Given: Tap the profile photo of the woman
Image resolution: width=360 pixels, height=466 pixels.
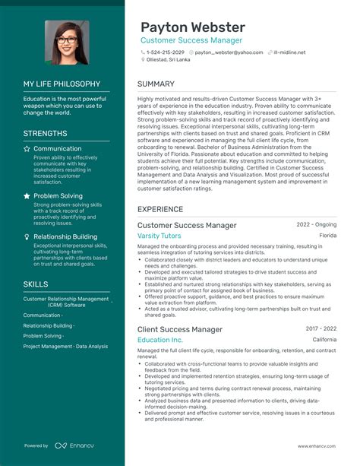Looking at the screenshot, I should click(x=67, y=42).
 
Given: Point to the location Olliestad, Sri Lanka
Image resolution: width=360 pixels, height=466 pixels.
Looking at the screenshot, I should click(x=169, y=59).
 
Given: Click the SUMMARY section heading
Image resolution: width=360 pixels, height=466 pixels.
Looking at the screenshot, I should click(x=157, y=84).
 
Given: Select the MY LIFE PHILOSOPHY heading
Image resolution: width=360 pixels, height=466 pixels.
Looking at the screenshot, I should click(x=62, y=84).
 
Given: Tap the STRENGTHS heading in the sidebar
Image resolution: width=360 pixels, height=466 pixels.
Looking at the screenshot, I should click(x=46, y=133).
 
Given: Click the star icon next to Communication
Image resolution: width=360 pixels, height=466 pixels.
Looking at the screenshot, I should click(x=27, y=149).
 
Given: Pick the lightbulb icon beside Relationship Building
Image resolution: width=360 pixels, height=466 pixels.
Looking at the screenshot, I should click(x=27, y=236).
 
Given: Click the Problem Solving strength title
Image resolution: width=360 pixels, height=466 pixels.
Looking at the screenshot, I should click(x=58, y=196).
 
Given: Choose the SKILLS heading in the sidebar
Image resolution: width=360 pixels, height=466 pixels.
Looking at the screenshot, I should click(x=36, y=284).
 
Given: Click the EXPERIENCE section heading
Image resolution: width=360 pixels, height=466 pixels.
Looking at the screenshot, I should click(x=160, y=209).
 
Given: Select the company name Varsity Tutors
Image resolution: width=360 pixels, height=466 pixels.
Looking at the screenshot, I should click(x=159, y=236).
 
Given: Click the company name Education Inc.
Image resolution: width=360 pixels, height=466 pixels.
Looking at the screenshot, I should click(x=160, y=340).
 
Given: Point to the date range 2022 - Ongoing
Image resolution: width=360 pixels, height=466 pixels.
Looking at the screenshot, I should click(x=316, y=225).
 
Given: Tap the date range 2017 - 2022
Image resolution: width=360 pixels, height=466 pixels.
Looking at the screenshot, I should click(x=321, y=328).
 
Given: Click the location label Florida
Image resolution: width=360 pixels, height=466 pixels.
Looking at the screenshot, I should click(x=327, y=236).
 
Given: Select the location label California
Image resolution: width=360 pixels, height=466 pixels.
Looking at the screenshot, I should click(x=324, y=340).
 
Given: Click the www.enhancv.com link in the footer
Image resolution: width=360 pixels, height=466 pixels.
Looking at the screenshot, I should click(x=317, y=446).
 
